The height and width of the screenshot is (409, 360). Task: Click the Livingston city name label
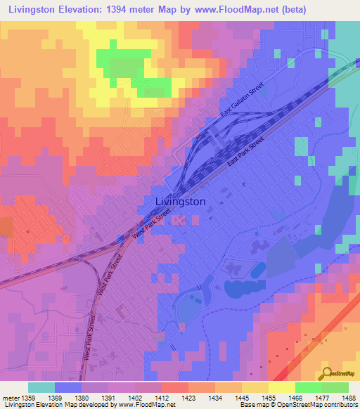point(180,202)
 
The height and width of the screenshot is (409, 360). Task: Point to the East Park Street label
point(245,152)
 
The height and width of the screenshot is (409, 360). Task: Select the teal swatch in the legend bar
point(41,387)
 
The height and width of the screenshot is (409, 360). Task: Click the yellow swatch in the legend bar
point(282,387)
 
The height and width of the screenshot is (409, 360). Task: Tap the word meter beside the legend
point(11,396)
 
